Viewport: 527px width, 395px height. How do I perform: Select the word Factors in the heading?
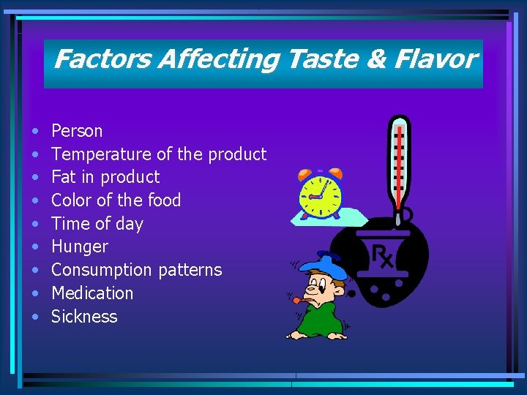(x=101, y=59)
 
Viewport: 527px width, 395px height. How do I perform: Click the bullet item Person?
(x=77, y=131)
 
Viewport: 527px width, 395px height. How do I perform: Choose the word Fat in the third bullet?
(x=62, y=177)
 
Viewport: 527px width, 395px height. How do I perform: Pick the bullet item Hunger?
(x=79, y=247)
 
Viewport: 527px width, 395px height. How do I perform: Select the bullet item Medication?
(x=92, y=293)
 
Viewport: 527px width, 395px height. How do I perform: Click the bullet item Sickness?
(x=84, y=317)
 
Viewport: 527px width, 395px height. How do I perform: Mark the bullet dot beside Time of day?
(x=36, y=224)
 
